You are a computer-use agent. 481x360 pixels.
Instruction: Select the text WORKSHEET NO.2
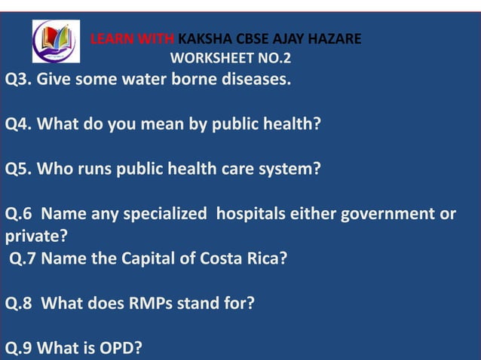(231, 57)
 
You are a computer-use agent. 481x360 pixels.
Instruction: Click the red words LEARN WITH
(133, 38)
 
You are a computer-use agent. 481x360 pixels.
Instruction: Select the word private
(34, 237)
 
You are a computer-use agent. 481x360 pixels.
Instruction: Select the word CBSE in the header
(256, 38)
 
